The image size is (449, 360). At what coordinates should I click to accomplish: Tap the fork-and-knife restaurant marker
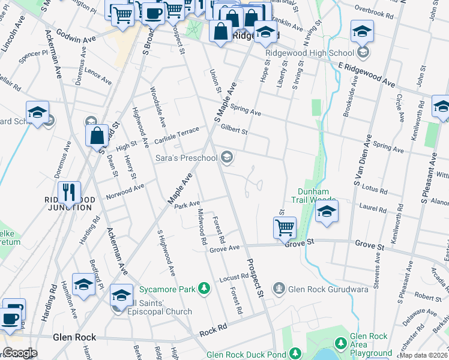70,192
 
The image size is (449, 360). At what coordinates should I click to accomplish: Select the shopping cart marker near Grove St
285,228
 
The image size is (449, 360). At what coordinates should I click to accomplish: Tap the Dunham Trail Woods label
314,195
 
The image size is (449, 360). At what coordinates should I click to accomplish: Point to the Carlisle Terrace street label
176,135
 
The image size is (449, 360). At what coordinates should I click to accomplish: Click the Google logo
19,353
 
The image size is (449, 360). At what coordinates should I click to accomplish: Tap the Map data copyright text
423,355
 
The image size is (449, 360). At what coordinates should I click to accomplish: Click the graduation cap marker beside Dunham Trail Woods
327,212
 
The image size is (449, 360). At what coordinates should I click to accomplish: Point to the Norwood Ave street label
125,191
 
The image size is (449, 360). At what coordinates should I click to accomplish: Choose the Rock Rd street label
213,329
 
